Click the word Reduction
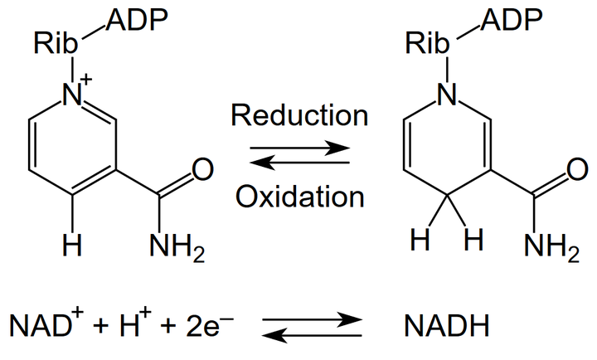(x=299, y=114)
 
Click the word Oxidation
(x=299, y=196)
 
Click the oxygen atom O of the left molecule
(x=200, y=173)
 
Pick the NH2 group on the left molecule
(x=172, y=246)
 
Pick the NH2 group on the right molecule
(x=548, y=246)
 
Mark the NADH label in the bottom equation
(x=443, y=327)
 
